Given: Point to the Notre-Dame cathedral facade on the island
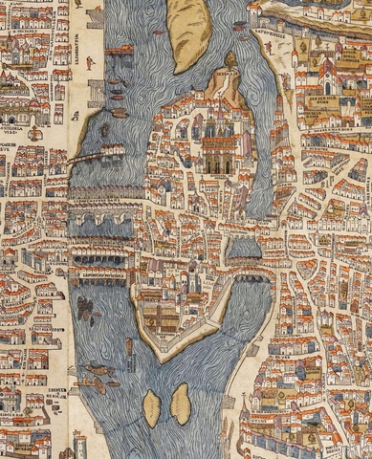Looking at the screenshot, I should pyautogui.click(x=219, y=153).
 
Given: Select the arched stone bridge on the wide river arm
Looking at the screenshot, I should pyautogui.click(x=101, y=223).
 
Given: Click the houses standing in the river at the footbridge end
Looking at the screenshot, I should pyautogui.click(x=112, y=150).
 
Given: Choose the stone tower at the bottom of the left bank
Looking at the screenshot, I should pyautogui.click(x=79, y=443).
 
